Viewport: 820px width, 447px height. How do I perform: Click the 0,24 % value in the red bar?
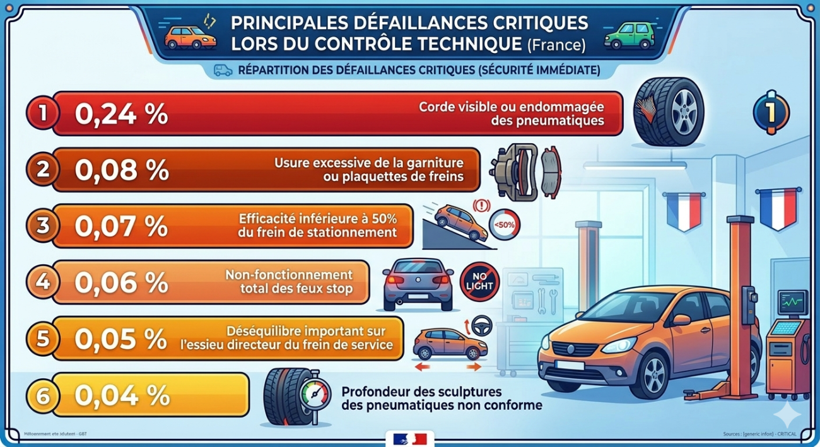pos(121,114)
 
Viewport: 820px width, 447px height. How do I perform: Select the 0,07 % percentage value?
pos(121,226)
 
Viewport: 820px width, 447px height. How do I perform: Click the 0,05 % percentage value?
pos(121,339)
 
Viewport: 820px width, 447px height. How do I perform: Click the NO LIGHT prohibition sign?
pos(479,281)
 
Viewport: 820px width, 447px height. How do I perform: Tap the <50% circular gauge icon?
pos(505,224)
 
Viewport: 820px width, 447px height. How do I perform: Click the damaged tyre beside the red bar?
pos(669,112)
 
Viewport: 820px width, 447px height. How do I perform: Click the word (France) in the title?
pos(556,45)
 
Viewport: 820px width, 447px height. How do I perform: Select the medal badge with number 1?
pos(771,112)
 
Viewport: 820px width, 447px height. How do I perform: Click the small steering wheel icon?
pos(482,325)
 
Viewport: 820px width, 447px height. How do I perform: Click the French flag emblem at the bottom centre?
pos(409,439)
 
